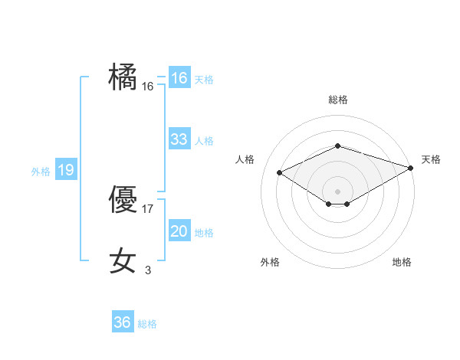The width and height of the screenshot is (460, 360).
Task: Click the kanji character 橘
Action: [x=123, y=77]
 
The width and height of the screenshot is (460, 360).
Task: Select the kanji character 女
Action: [x=123, y=260]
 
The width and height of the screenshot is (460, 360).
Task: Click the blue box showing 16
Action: [x=179, y=78]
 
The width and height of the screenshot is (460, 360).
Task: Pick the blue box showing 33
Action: [x=179, y=139]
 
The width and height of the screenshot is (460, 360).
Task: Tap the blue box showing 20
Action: [x=179, y=231]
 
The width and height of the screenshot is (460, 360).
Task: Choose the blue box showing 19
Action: [x=66, y=170]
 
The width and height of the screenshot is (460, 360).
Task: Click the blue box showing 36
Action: [x=123, y=322]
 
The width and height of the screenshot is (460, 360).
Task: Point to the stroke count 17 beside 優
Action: [x=148, y=208]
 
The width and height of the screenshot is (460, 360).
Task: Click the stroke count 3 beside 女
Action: [x=148, y=269]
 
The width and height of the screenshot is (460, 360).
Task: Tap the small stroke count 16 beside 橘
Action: [x=148, y=87]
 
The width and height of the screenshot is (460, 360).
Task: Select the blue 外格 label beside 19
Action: [x=41, y=172]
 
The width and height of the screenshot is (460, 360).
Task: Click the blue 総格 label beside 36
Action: [x=147, y=324]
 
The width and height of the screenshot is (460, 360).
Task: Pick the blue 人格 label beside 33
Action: [x=204, y=141]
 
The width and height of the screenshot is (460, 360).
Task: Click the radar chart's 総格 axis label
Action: [x=337, y=100]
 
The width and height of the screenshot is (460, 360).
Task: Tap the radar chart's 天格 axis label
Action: [x=431, y=159]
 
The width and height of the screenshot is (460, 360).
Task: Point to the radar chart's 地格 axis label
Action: [x=402, y=262]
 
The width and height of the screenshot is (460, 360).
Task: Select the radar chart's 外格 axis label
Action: [x=270, y=262]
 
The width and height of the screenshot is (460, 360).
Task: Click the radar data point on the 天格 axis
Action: [x=412, y=167]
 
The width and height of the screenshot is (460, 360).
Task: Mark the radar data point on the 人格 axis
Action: [x=280, y=172]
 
